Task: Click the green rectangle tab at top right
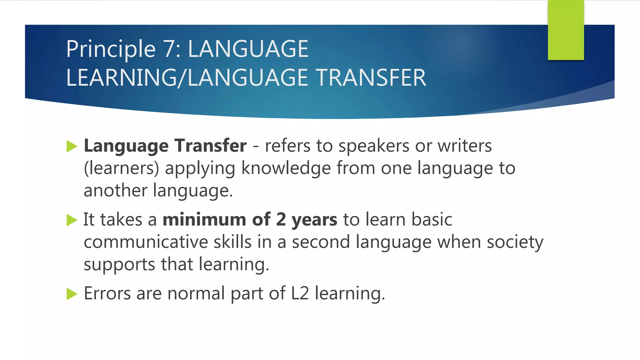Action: tap(566, 30)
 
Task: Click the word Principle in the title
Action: tap(111, 49)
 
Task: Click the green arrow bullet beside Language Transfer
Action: tap(72, 146)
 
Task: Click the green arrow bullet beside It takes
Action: tap(72, 220)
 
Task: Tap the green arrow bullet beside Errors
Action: tap(72, 294)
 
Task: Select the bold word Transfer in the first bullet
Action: tap(211, 146)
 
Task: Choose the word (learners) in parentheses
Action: tap(122, 168)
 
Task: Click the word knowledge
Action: tap(286, 168)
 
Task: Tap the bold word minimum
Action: tap(204, 219)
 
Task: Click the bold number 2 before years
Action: tap(281, 219)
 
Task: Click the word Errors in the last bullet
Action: tap(107, 293)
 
